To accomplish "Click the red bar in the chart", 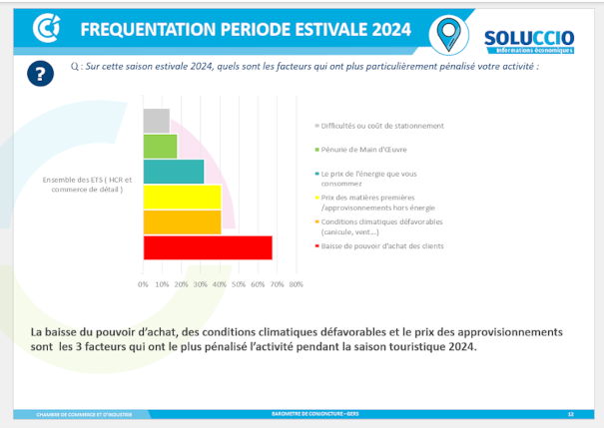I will click(x=208, y=247).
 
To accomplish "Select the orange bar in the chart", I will click(x=182, y=222).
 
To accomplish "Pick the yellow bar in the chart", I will click(x=182, y=197).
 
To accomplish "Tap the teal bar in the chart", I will click(x=174, y=172).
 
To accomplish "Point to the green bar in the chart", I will click(x=160, y=146).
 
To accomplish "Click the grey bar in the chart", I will click(x=156, y=121).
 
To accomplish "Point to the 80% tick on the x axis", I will click(x=296, y=284).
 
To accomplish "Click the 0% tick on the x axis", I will click(x=144, y=284).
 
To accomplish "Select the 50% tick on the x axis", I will click(x=239, y=284).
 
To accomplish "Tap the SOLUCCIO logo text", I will click(x=528, y=36).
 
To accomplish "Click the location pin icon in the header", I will click(x=448, y=32).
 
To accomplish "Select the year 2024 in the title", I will click(x=383, y=29).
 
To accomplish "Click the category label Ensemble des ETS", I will click(x=87, y=185).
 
